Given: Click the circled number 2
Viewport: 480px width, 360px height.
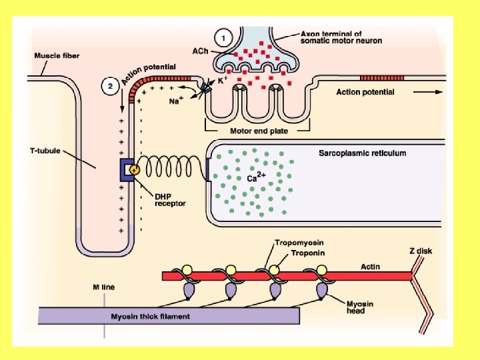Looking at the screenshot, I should click(111, 85).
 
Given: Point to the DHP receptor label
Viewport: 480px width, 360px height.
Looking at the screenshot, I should click(171, 199).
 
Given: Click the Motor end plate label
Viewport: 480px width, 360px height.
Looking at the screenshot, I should click(259, 131).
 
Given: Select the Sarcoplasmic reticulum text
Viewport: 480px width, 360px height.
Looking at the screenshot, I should click(362, 153).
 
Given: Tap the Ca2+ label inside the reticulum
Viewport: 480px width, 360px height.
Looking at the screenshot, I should click(257, 178).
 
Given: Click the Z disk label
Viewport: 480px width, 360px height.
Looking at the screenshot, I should click(421, 251).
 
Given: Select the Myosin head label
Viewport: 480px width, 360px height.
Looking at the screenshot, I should click(359, 307).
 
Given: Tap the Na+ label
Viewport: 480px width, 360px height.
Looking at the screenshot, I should click(175, 101).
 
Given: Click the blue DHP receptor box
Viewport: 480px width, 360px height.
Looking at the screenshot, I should click(127, 170).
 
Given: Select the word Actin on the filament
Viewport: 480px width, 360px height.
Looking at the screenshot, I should click(371, 267).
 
